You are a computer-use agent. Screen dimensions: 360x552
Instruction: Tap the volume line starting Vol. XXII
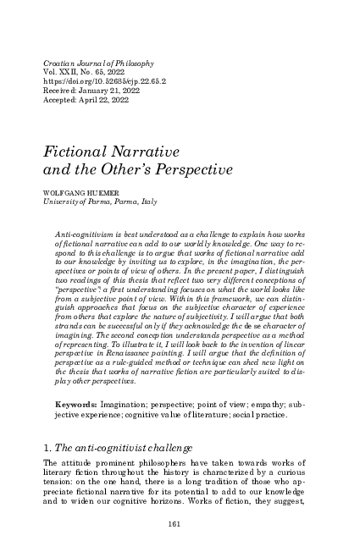click(x=80, y=75)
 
